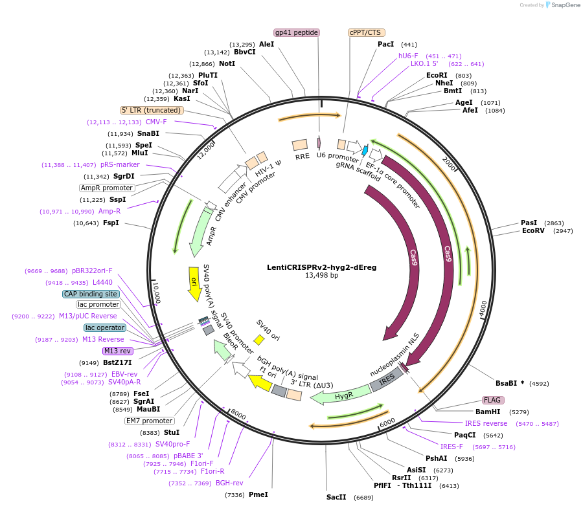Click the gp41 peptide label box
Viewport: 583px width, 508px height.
pyautogui.click(x=297, y=32)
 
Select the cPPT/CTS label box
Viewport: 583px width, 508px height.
pyautogui.click(x=365, y=32)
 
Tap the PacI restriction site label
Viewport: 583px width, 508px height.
pyautogui.click(x=385, y=44)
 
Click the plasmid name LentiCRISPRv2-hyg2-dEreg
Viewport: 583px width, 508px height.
pyautogui.click(x=321, y=267)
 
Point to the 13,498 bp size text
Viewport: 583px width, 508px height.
pyautogui.click(x=321, y=276)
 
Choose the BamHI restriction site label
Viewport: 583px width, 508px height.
pyautogui.click(x=488, y=412)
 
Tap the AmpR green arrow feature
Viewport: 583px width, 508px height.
pyautogui.click(x=201, y=232)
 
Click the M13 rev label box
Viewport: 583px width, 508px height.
pyautogui.click(x=117, y=351)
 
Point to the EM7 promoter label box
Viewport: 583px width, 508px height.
pyautogui.click(x=149, y=421)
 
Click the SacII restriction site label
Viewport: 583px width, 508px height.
pyautogui.click(x=336, y=498)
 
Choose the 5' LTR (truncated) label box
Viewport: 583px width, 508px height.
pyautogui.click(x=151, y=110)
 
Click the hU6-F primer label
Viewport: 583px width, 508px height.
pyautogui.click(x=408, y=56)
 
